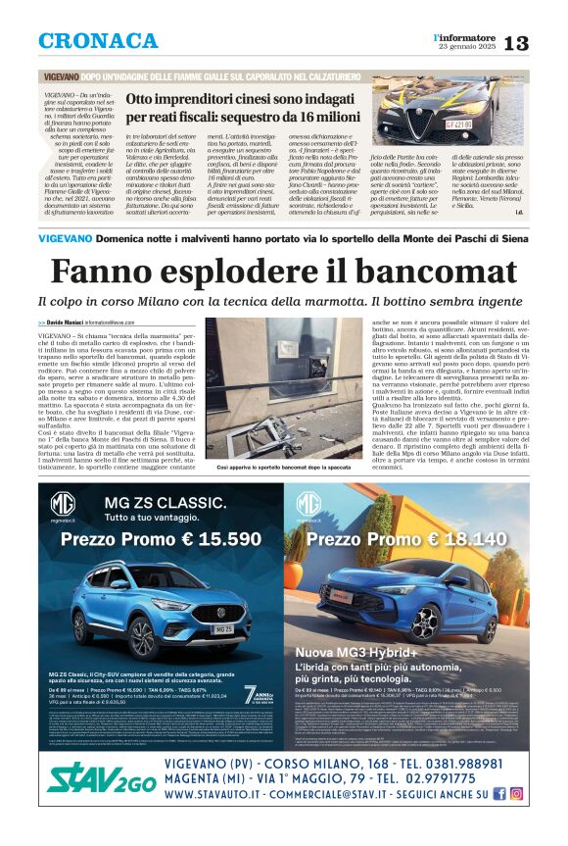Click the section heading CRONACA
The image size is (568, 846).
pos(98,41)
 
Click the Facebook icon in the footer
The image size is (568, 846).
pos(499,794)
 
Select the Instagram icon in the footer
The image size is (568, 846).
pos(516,794)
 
